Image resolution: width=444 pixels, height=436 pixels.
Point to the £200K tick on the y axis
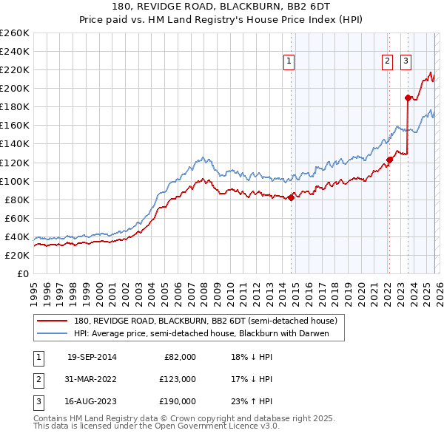15,88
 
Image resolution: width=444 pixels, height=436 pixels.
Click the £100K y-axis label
15,181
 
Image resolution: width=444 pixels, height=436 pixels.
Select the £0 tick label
22,273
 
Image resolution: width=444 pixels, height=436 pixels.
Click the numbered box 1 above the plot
289,62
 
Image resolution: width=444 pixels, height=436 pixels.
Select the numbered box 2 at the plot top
387,62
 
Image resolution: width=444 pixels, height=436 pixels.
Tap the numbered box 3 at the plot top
406,62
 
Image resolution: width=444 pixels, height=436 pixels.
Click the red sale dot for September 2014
291,197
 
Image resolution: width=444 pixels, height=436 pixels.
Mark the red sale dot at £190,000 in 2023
408,97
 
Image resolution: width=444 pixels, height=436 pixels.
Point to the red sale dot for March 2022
389,160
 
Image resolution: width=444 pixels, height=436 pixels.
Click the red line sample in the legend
52,321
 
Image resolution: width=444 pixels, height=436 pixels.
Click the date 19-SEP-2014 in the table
92,357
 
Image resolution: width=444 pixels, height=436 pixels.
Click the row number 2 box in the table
37,379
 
